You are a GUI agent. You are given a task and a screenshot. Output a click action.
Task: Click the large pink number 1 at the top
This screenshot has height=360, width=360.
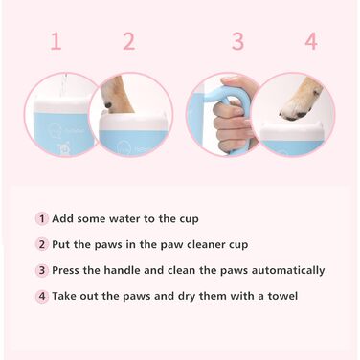[x=56, y=41]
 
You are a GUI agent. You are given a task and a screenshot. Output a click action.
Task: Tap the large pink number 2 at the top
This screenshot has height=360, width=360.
[x=129, y=41]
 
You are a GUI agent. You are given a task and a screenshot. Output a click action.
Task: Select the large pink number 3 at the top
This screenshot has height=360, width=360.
[x=237, y=41]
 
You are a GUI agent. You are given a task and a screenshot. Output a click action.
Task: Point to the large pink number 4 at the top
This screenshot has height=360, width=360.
[x=311, y=41]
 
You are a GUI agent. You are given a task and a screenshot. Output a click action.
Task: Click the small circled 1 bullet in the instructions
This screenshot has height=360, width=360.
[x=42, y=219]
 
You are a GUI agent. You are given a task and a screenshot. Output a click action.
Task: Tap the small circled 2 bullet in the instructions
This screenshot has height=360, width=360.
[x=42, y=244]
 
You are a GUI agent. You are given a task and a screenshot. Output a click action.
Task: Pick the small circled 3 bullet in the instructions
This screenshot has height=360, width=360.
[x=42, y=270]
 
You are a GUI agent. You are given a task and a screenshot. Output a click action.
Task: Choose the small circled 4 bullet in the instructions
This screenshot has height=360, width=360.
[x=42, y=296]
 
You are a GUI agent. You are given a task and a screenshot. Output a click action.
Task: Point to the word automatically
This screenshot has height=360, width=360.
[x=288, y=271]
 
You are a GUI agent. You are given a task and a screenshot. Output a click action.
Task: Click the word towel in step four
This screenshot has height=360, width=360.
[x=282, y=296]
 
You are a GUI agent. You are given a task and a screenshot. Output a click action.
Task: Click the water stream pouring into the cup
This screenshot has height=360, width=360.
[x=64, y=85]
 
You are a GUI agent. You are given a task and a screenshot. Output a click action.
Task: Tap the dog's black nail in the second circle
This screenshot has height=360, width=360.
[x=109, y=104]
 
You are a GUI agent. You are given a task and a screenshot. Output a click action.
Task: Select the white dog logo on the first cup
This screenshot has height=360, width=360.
[x=63, y=148]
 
